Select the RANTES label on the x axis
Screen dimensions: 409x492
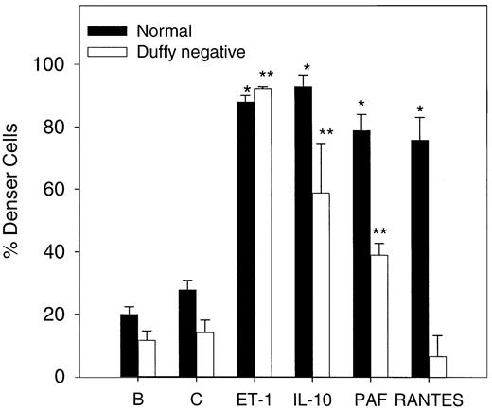click(430, 398)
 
